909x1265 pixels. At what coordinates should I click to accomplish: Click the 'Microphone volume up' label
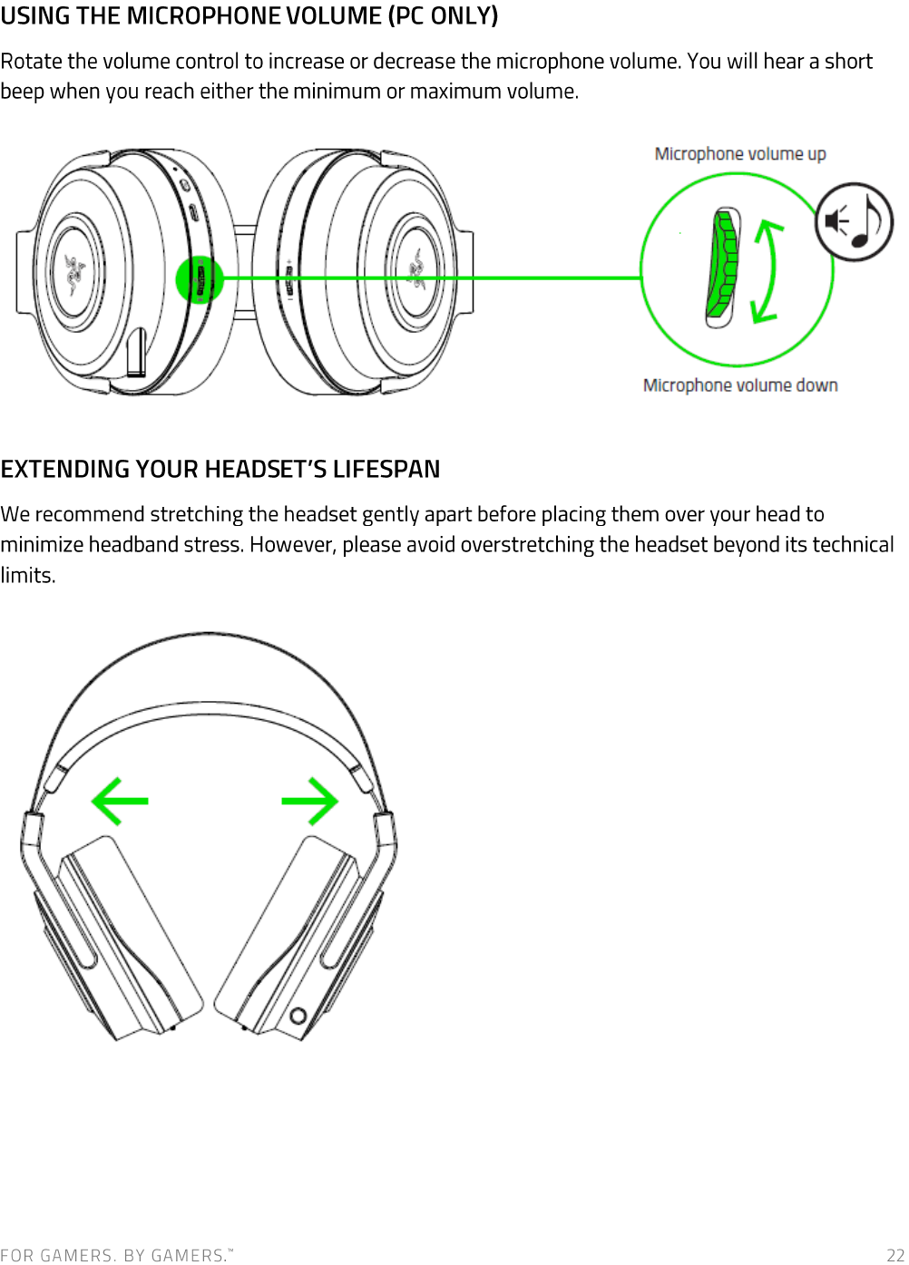pyautogui.click(x=740, y=153)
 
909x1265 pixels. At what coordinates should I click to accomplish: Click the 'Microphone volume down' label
pyautogui.click(x=740, y=385)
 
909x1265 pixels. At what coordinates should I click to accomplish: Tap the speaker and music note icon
pyautogui.click(x=855, y=221)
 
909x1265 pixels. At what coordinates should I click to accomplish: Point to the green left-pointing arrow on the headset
pyautogui.click(x=120, y=801)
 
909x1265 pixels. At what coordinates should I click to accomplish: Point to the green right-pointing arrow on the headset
pyautogui.click(x=310, y=801)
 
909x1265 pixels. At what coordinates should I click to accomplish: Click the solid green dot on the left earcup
pyautogui.click(x=200, y=279)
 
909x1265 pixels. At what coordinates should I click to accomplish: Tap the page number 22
pyautogui.click(x=895, y=1255)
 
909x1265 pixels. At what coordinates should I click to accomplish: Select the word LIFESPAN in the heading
pyautogui.click(x=386, y=470)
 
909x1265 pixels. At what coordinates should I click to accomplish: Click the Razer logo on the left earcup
pyautogui.click(x=74, y=275)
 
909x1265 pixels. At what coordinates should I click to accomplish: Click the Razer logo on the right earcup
pyautogui.click(x=416, y=270)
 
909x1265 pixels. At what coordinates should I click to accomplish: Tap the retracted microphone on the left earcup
pyautogui.click(x=135, y=353)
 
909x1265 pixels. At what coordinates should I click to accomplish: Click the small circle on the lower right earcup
pyautogui.click(x=298, y=1016)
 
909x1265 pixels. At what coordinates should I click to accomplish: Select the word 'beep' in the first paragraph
pyautogui.click(x=22, y=91)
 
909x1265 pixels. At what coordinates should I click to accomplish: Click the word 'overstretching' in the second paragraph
pyautogui.click(x=526, y=544)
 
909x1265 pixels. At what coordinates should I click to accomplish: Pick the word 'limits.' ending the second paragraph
pyautogui.click(x=28, y=576)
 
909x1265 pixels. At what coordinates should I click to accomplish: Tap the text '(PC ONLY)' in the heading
pyautogui.click(x=443, y=15)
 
